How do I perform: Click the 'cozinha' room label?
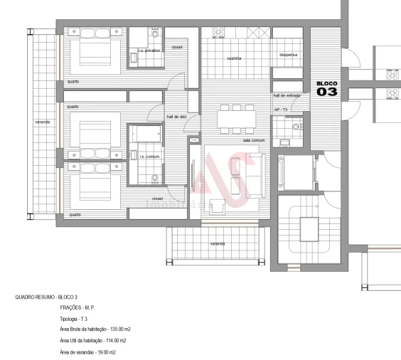234,58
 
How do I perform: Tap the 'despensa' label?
287,55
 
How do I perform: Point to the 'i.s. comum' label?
146,157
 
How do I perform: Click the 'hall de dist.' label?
176,117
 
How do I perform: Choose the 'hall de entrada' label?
287,95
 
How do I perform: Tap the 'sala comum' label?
254,140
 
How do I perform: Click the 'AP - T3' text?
280,110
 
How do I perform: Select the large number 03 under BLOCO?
328,92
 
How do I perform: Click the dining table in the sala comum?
234,118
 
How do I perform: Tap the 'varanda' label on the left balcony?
42,122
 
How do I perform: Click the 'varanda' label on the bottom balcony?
218,244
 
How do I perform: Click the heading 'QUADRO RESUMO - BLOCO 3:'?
46,295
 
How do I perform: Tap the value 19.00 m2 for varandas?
104,353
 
